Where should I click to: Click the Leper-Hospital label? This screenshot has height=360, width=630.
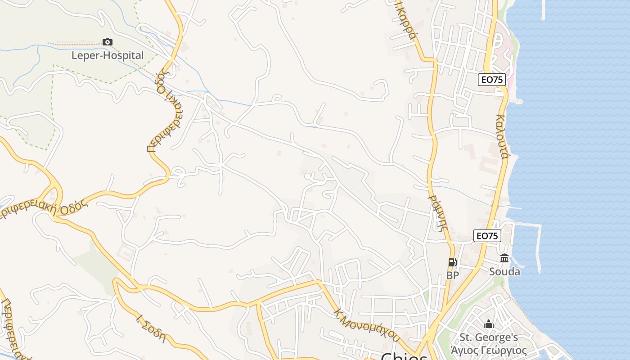coord(108,55)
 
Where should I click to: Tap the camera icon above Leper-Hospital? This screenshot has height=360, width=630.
coord(108,42)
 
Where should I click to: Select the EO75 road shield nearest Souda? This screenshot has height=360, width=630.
coord(487,236)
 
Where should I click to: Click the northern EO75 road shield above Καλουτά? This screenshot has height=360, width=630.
coord(491,80)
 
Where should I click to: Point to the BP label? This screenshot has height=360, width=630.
coord(452,275)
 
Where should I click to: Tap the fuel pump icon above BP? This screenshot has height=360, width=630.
coord(452,262)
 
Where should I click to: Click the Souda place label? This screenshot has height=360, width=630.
coord(504,272)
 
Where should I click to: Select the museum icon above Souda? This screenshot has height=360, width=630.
coord(504,258)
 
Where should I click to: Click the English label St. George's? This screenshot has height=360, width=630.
coord(489,337)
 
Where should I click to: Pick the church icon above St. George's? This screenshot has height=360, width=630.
coord(489,324)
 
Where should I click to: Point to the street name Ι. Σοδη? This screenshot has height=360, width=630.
coord(151,329)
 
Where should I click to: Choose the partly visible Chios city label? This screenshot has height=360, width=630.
coord(404,356)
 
